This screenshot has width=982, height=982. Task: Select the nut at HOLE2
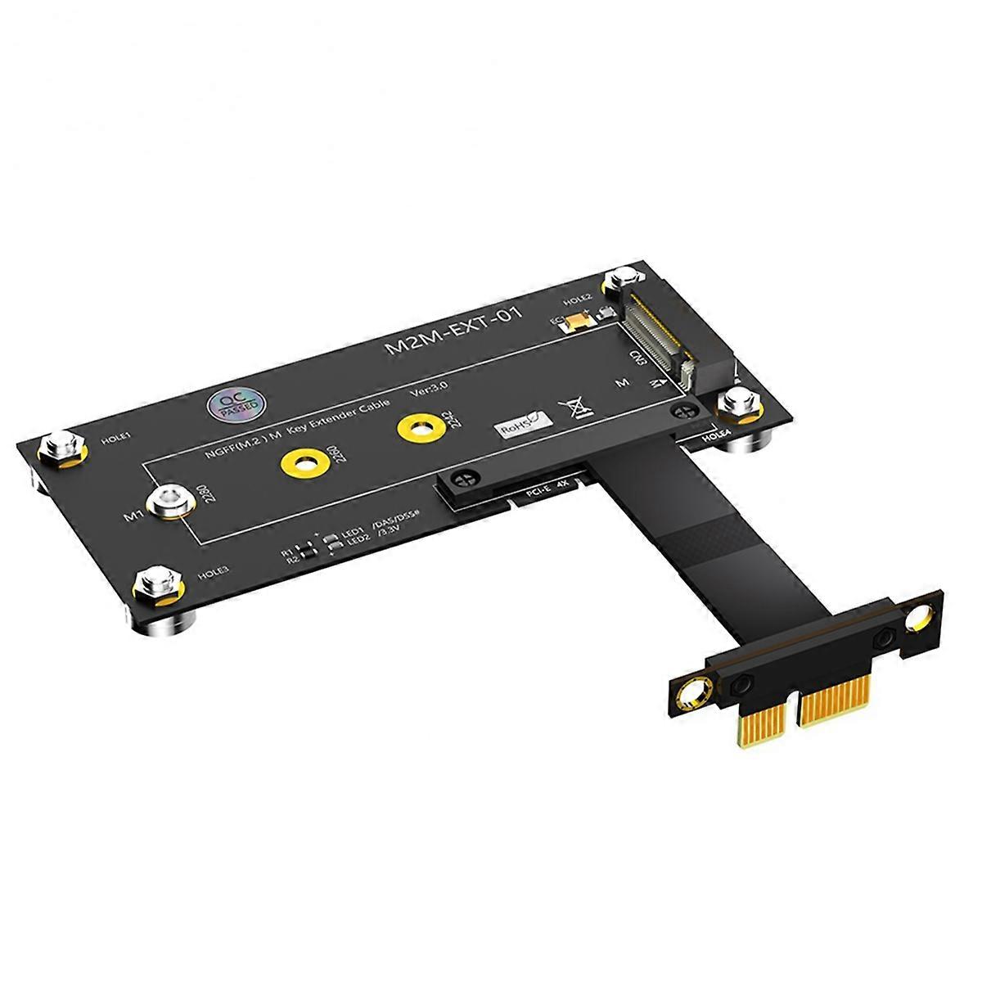(x=619, y=286)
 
